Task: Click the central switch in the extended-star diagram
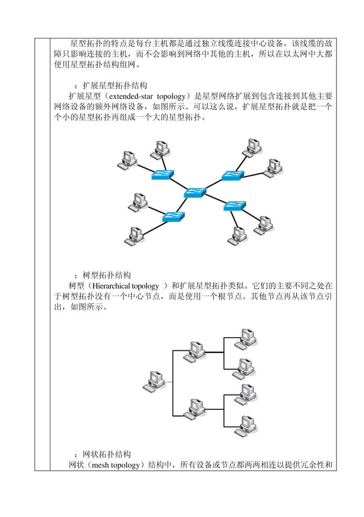click(195, 193)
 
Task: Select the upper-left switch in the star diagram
click(162, 175)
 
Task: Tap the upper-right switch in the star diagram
click(233, 175)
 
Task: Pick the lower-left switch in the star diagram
click(173, 217)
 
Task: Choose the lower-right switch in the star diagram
click(234, 206)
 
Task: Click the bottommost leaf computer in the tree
click(246, 426)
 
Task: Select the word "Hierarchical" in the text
click(111, 286)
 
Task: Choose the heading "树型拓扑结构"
click(107, 275)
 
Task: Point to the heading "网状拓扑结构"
click(107, 455)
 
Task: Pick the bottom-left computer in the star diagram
click(134, 236)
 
